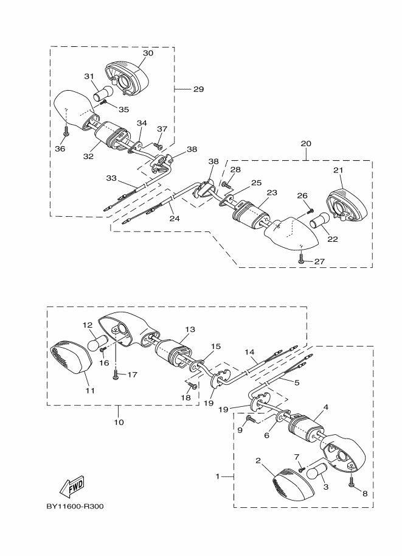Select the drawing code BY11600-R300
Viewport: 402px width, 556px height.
tap(74, 506)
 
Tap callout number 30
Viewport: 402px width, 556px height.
tap(148, 54)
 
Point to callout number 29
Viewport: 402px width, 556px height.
tap(198, 89)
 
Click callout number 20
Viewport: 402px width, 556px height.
tap(305, 144)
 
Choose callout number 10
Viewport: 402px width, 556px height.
tap(118, 422)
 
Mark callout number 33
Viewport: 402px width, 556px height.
tap(111, 178)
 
